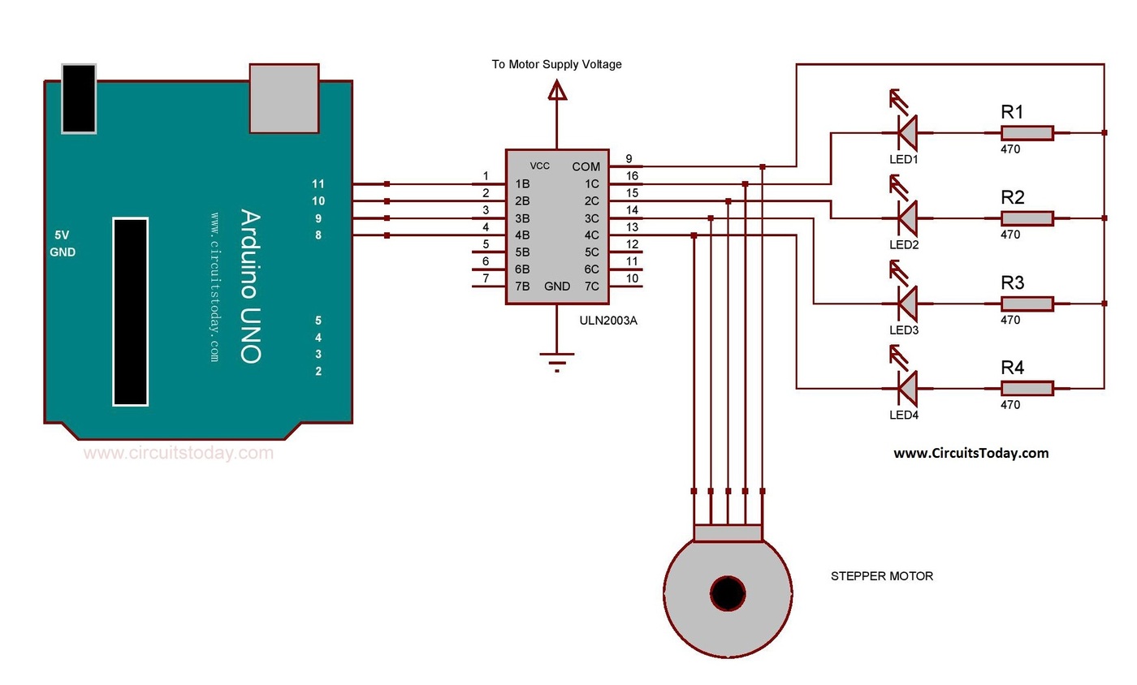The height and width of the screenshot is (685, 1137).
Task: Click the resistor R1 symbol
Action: pyautogui.click(x=1027, y=132)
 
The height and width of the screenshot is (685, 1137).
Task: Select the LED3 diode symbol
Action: pyautogui.click(x=906, y=303)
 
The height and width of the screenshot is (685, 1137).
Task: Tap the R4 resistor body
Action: pyautogui.click(x=1027, y=388)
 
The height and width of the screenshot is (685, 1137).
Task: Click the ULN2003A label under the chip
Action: pyautogui.click(x=608, y=321)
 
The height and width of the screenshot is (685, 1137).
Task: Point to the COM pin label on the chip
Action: pyautogui.click(x=586, y=166)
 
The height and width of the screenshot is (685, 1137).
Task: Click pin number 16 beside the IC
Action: pyautogui.click(x=632, y=175)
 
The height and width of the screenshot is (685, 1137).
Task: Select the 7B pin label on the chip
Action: pyautogui.click(x=522, y=286)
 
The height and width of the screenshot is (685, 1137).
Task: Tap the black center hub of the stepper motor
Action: pyautogui.click(x=728, y=593)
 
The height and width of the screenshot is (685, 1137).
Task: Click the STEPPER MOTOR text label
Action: pyautogui.click(x=881, y=576)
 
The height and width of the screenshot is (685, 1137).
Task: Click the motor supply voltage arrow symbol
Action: pyautogui.click(x=557, y=91)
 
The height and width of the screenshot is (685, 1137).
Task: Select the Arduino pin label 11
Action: pyautogui.click(x=318, y=184)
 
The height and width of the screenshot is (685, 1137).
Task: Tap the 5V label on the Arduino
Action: pyautogui.click(x=62, y=235)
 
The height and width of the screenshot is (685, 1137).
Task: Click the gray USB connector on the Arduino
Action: pyautogui.click(x=283, y=98)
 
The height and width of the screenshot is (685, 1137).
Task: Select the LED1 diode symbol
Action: pyautogui.click(x=906, y=131)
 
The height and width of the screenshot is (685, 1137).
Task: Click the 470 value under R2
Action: pyautogui.click(x=1010, y=235)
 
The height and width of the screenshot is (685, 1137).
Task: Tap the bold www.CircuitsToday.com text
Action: pyautogui.click(x=971, y=454)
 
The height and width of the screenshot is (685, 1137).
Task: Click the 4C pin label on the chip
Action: pyautogui.click(x=590, y=235)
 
